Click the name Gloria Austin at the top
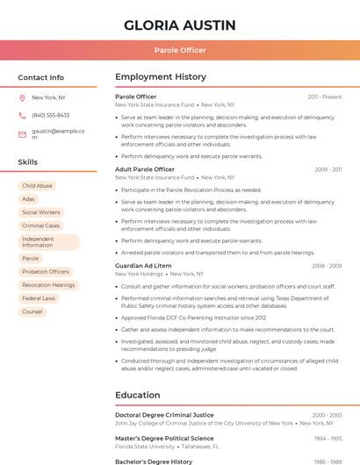coord(180,25)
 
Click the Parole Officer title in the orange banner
coord(180,50)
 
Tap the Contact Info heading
coord(41,77)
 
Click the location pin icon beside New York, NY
coord(22,97)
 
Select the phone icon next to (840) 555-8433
coord(22,116)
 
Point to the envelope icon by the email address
coord(22,134)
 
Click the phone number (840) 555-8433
coord(51,116)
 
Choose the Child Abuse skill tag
coord(37,186)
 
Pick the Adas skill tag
coord(29,199)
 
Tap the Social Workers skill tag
coord(41,212)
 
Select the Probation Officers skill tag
coord(46,272)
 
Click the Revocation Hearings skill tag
coord(48,285)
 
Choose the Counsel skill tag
coord(32,311)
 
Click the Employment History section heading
coord(161,77)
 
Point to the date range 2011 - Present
coord(325,97)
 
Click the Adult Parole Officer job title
coord(145,169)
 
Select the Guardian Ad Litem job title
coord(143,266)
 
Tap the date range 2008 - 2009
coord(327,266)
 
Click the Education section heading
coord(138,395)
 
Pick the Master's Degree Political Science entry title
coord(164,438)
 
